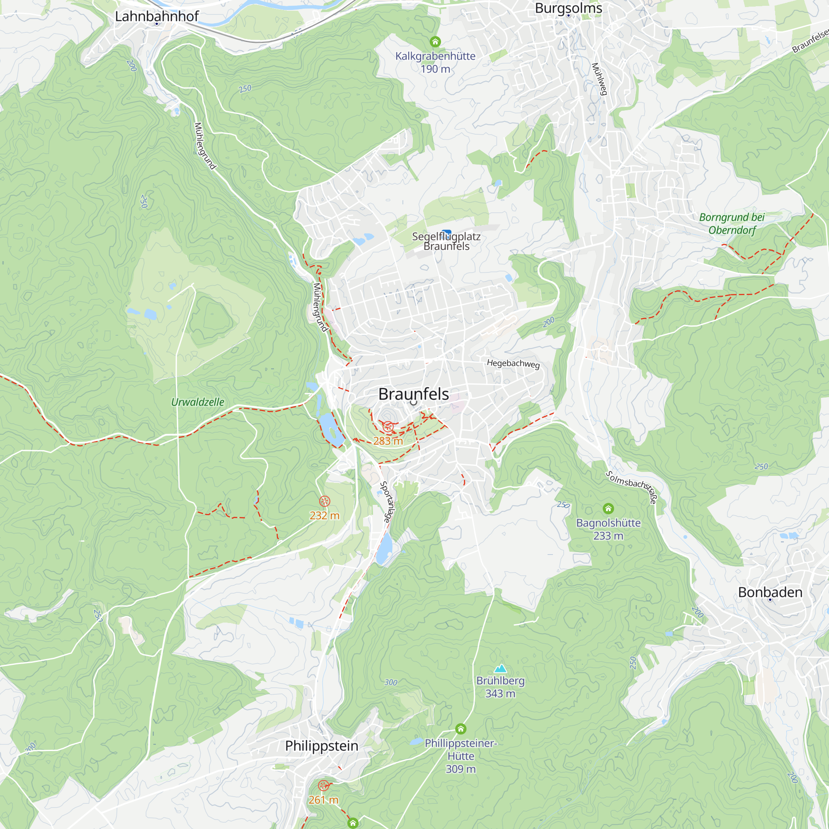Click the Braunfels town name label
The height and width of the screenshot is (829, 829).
coord(413,394)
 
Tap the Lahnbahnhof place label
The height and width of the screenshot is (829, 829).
coord(157,16)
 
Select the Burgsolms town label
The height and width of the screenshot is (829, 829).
coord(568,8)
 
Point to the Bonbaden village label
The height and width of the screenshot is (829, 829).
coord(770,592)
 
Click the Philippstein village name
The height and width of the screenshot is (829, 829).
coord(321,745)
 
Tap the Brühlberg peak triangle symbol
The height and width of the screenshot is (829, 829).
coord(500,669)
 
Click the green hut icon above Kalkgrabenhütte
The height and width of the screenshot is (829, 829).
coord(435,41)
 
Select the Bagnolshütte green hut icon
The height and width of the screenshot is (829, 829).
coord(608,509)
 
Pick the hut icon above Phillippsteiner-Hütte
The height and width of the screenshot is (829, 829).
coord(461,729)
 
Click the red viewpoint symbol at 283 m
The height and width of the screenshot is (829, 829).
coord(388,427)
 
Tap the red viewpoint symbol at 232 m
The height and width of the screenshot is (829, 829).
coord(325,501)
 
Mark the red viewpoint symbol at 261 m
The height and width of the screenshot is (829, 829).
coord(324,785)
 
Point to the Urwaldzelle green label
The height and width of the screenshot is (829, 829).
coord(197,402)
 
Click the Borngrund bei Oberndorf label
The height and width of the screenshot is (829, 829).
coord(732,223)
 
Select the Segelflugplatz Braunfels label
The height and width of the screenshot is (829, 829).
coord(446,241)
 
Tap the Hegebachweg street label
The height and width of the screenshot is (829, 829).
coord(513,364)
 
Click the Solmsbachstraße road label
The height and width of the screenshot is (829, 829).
coord(631,487)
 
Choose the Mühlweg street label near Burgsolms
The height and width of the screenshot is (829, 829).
coord(599,79)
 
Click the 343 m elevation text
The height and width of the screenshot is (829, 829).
coord(500,693)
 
